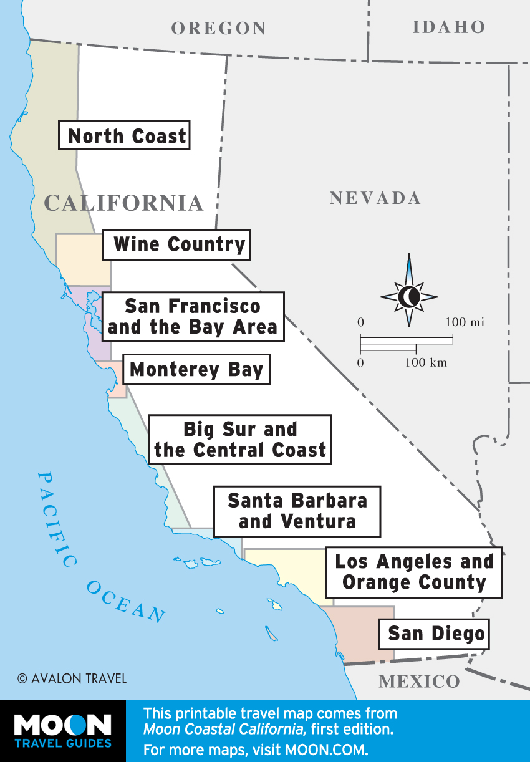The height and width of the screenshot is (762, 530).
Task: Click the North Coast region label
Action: pos(124,135)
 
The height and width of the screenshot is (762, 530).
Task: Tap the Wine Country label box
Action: pos(176,244)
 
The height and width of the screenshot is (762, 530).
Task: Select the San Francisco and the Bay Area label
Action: pos(193,316)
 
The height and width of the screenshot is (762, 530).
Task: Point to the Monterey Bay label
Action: pos(196,369)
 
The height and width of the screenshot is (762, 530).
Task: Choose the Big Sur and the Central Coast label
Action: pos(240,440)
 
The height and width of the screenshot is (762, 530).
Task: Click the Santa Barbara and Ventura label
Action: pos(297,511)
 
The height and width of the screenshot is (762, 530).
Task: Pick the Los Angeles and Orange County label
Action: pos(414,572)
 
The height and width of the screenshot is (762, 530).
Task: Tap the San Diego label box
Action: pos(436,634)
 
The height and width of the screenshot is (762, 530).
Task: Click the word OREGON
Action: pos(219,28)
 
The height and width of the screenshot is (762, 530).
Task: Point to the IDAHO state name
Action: pos(448,27)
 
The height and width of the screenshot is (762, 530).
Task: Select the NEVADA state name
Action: pos(375,198)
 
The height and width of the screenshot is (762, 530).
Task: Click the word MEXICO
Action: pos(419,681)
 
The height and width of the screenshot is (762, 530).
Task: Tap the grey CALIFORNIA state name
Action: pos(124,203)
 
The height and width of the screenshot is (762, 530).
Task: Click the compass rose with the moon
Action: pos(409,297)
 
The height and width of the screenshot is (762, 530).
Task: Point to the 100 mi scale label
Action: pos(465,322)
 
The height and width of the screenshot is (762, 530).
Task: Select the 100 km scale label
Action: pos(426,363)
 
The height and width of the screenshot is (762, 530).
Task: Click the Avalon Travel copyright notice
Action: pos(72,678)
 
